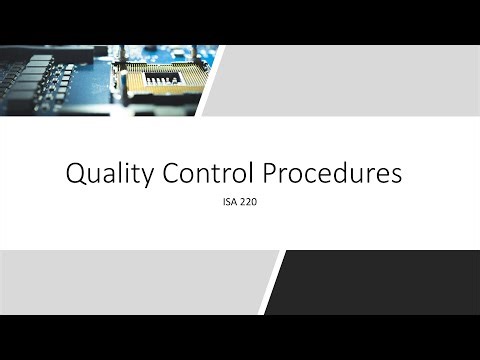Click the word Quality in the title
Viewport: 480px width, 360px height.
point(108,174)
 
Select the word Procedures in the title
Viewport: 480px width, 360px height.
point(332,174)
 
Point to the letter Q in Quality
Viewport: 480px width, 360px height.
point(76,174)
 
